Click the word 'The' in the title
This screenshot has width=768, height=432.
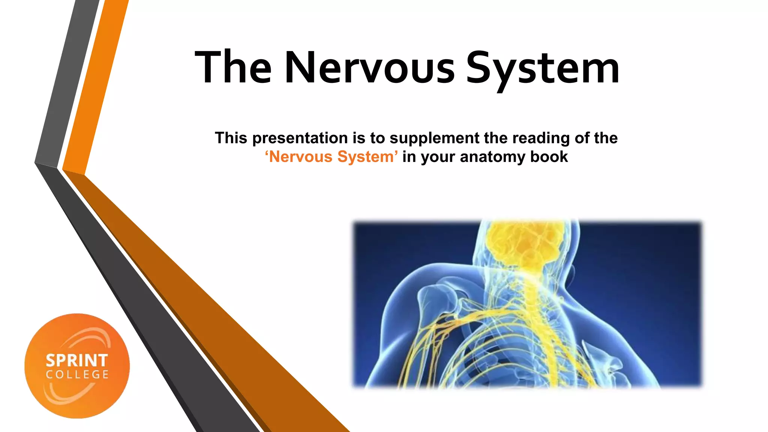click(233, 67)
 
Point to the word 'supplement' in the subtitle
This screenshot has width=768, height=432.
click(434, 138)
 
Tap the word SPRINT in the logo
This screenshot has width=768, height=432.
click(77, 361)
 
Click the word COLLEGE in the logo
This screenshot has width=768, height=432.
click(77, 375)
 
